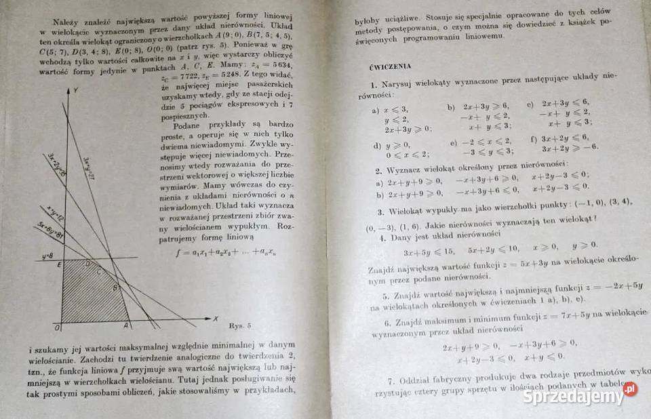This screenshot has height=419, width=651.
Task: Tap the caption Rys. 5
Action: pyautogui.click(x=241, y=325)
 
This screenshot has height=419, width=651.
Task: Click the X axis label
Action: pyautogui.click(x=215, y=317)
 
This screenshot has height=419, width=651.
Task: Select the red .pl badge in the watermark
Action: pyautogui.click(x=630, y=389)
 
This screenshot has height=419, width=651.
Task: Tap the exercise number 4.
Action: pyautogui.click(x=382, y=237)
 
